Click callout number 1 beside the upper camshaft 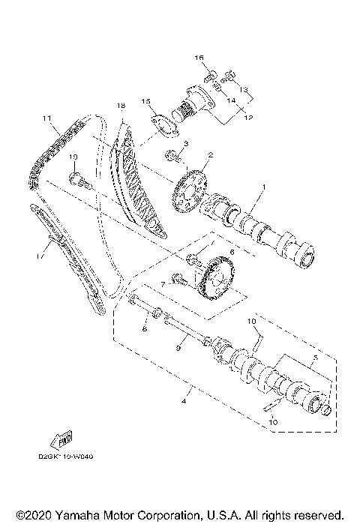[262, 187]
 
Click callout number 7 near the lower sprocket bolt [161, 285]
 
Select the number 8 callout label [145, 328]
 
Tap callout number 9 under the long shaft [178, 348]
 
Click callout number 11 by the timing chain [46, 118]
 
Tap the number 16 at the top [200, 58]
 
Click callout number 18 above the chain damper [119, 107]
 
